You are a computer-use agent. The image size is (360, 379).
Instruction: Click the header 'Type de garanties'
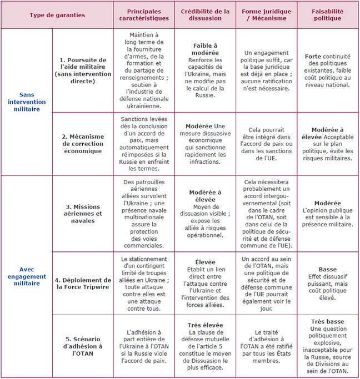[57, 15]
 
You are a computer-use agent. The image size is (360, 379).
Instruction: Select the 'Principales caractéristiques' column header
[143, 15]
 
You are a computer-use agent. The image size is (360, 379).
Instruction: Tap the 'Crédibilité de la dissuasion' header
[206, 15]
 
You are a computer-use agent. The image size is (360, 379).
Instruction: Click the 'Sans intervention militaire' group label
[27, 102]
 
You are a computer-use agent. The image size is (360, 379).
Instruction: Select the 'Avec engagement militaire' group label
[27, 276]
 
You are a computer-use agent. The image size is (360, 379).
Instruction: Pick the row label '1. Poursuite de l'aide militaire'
[82, 70]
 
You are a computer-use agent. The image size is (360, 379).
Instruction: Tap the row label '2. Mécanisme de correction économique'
[82, 144]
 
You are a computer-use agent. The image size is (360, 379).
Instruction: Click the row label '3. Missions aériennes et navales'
[82, 213]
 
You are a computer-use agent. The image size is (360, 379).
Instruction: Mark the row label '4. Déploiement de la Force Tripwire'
[82, 283]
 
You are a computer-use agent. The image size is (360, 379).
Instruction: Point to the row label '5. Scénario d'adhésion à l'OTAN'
[82, 346]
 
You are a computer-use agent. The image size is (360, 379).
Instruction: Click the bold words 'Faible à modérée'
[206, 49]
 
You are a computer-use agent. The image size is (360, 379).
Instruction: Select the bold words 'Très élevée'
[206, 325]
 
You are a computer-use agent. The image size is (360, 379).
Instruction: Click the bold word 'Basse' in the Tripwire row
[328, 269]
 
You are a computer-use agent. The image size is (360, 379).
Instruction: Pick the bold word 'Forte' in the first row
[313, 57]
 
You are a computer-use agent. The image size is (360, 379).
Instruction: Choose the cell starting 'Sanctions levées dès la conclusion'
[143, 144]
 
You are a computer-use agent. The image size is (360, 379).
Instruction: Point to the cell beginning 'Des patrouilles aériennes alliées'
[143, 213]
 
